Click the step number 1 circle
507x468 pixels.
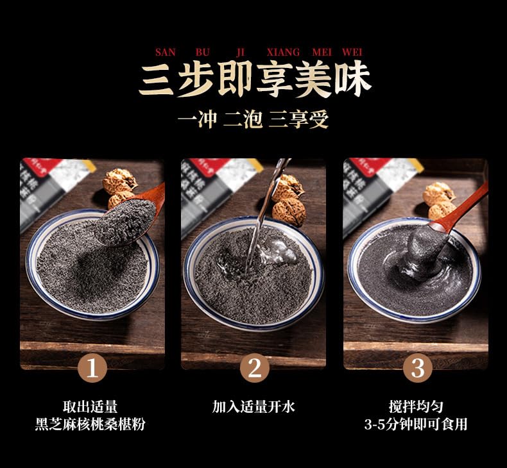(x=92, y=369)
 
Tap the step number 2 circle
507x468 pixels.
(x=254, y=369)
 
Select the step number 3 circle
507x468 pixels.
(x=418, y=369)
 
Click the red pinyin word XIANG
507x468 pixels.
(x=282, y=52)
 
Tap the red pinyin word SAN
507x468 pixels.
(x=165, y=52)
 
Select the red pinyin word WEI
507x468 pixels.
(x=352, y=52)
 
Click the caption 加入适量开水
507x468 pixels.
(x=253, y=406)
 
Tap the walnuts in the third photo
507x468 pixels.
(x=440, y=199)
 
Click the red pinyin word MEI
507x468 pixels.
(x=322, y=52)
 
